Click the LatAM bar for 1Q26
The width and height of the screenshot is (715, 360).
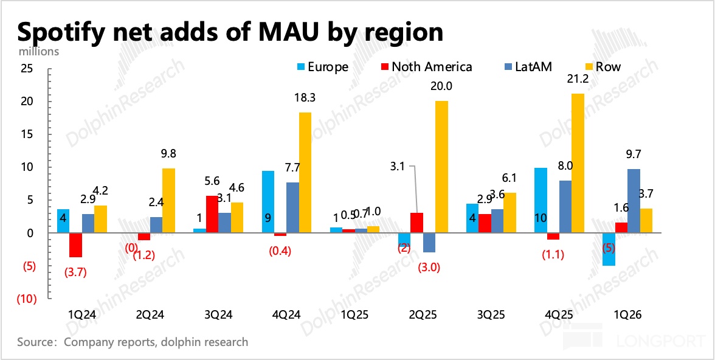(634, 201)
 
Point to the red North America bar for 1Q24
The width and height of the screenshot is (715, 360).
(76, 245)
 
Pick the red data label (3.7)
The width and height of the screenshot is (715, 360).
(76, 272)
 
